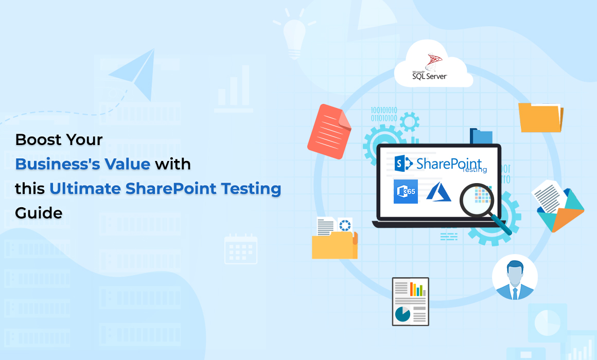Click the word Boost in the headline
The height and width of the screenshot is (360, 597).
(x=37, y=140)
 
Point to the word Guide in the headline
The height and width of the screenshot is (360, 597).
(x=39, y=213)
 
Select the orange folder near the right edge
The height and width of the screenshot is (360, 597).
(x=540, y=117)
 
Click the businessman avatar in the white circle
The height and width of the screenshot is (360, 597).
(x=514, y=278)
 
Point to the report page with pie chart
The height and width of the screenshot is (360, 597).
(x=410, y=301)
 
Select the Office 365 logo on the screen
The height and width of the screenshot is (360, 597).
(x=406, y=192)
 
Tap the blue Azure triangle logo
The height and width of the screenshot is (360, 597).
(x=438, y=192)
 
